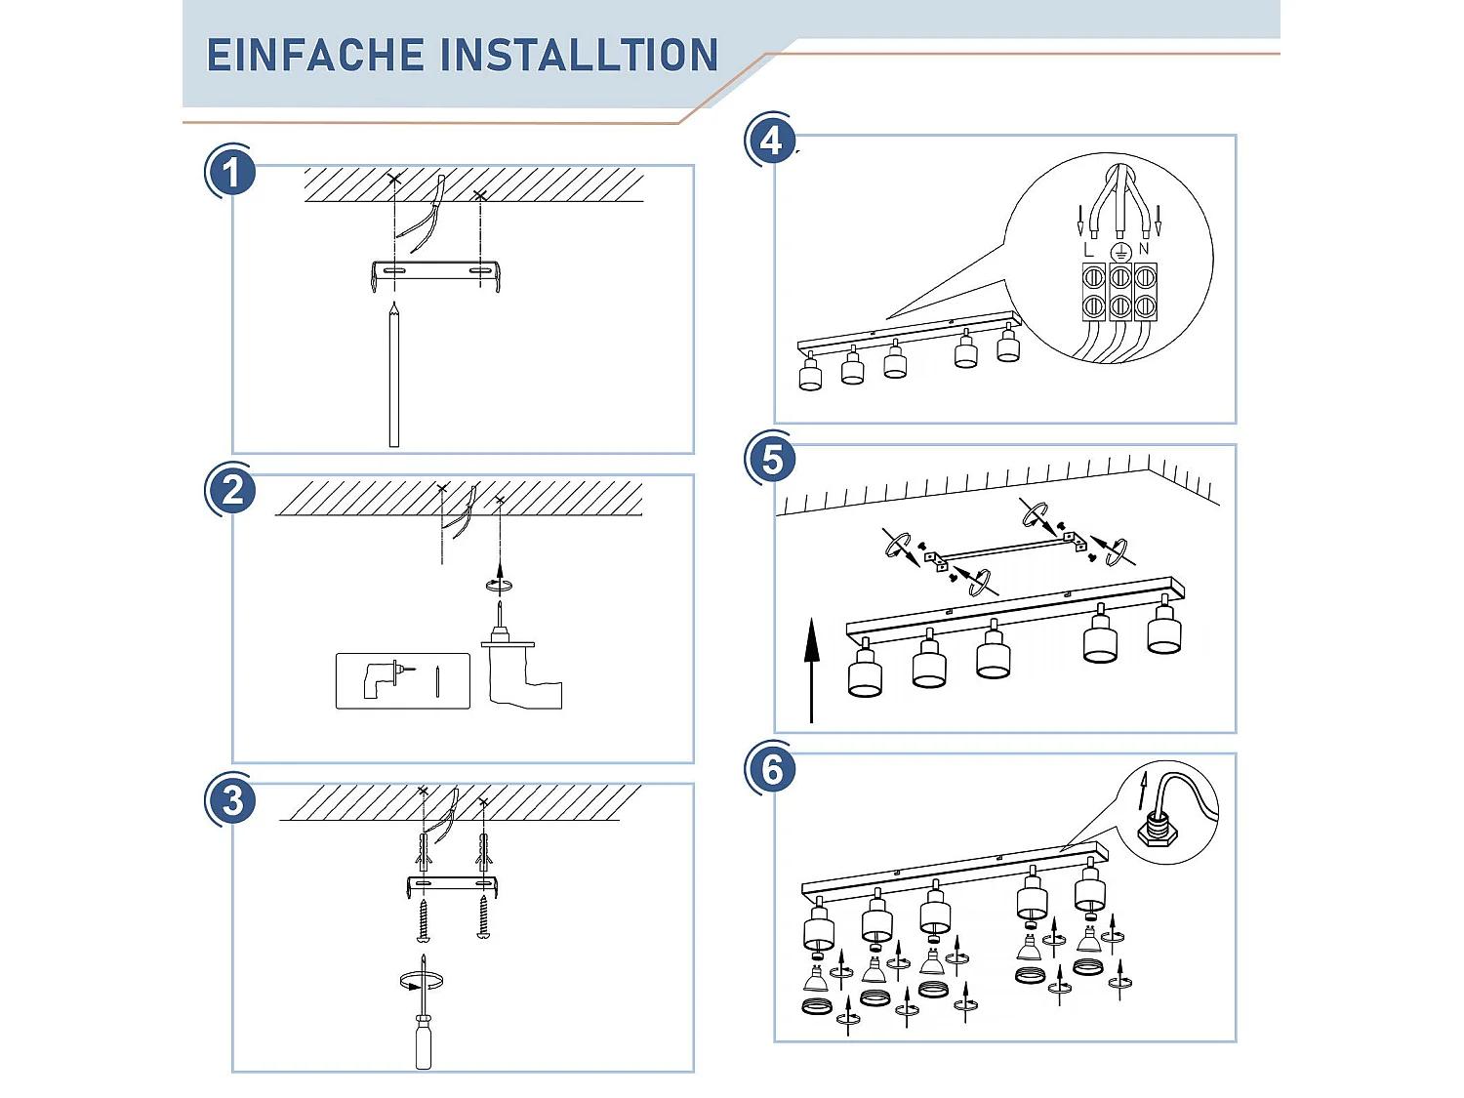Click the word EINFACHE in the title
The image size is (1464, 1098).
click(x=315, y=56)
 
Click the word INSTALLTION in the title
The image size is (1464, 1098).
click(x=580, y=56)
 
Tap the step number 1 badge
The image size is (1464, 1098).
click(x=231, y=173)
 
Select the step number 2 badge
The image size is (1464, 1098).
click(x=232, y=490)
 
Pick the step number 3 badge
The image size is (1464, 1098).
click(x=232, y=800)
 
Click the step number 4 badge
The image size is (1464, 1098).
click(x=771, y=142)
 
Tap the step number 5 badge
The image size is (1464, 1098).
click(x=771, y=459)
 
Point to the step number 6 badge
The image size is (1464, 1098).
click(x=771, y=769)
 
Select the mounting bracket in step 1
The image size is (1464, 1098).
click(x=436, y=271)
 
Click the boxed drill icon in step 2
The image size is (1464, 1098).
click(x=402, y=679)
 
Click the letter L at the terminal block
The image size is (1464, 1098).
click(x=1089, y=250)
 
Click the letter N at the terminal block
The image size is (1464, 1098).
click(x=1144, y=249)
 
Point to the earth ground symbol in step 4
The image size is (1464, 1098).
click(x=1119, y=251)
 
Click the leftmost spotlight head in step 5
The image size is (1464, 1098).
click(x=865, y=673)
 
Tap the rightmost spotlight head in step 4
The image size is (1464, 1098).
click(x=1008, y=346)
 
